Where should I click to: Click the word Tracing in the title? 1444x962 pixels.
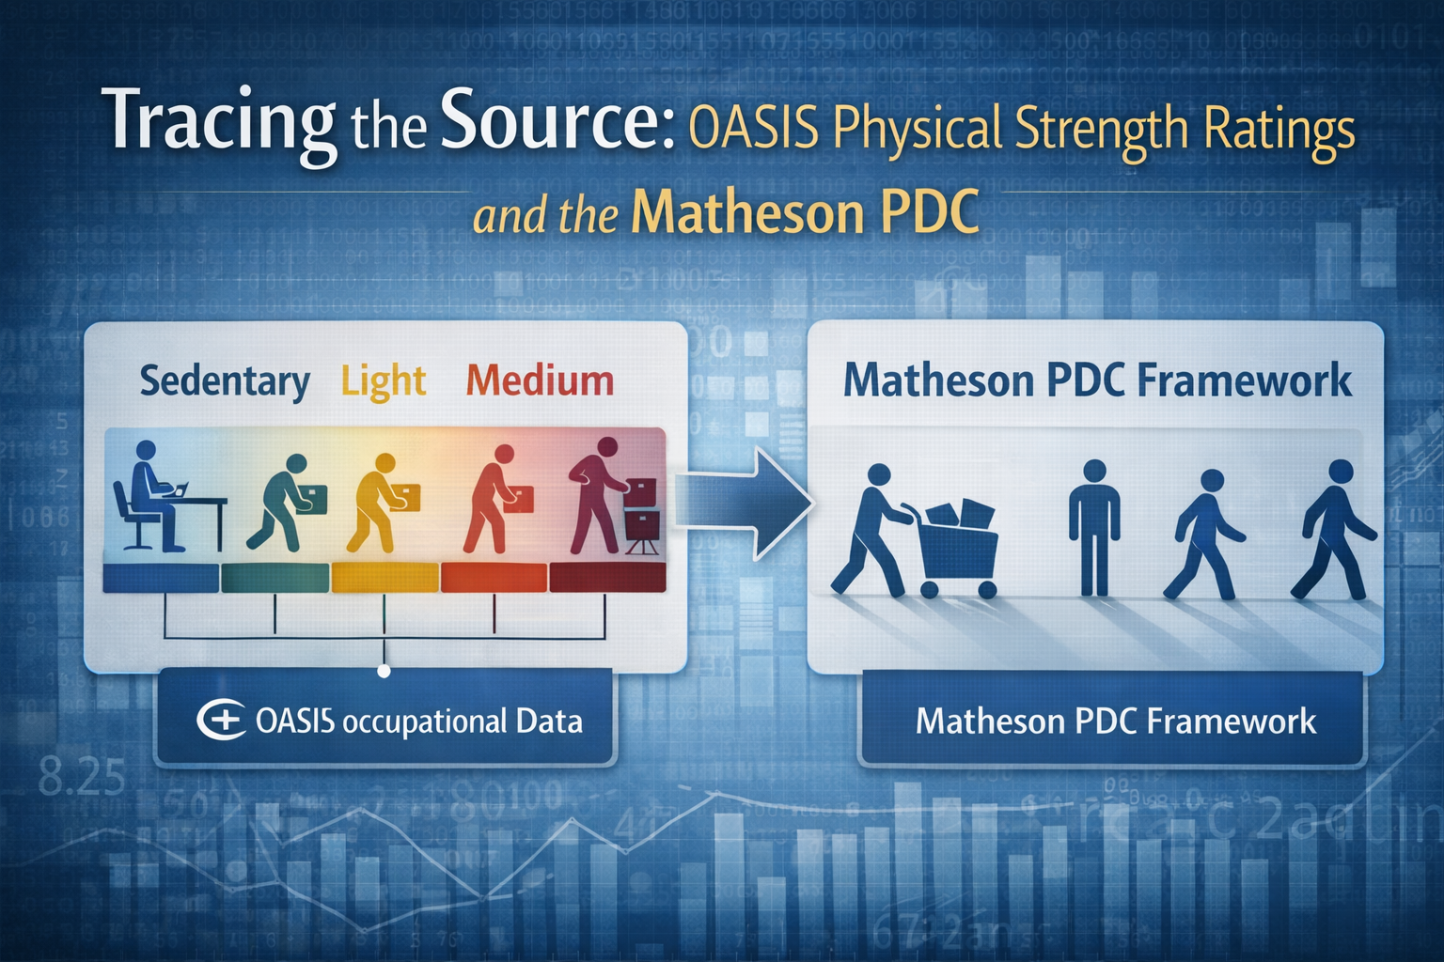point(218,120)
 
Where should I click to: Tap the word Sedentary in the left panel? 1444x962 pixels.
point(225,381)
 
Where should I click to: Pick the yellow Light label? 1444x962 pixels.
point(383,381)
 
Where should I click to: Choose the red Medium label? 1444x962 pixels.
point(540,381)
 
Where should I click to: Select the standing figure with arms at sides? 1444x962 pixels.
point(1093,526)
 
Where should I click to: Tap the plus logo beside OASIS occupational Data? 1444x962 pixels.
point(222,721)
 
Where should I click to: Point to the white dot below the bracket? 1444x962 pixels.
point(384,671)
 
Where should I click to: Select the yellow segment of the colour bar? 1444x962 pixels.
point(385,577)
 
